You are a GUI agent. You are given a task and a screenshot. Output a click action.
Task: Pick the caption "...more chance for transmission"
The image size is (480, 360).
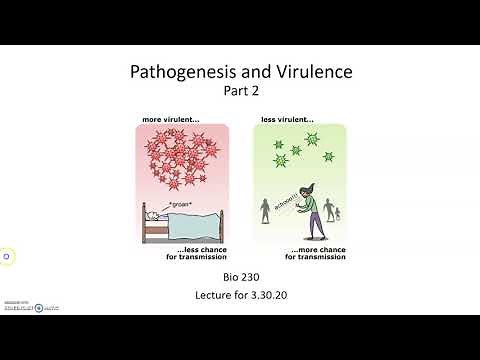pos(318,254)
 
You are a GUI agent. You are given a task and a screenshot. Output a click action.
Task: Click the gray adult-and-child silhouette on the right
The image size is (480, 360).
pos(335,216)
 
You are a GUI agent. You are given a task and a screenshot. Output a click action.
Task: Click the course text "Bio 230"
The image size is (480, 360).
pos(240,277)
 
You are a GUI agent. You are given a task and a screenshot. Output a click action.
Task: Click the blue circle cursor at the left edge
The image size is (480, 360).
pos(6,256)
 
